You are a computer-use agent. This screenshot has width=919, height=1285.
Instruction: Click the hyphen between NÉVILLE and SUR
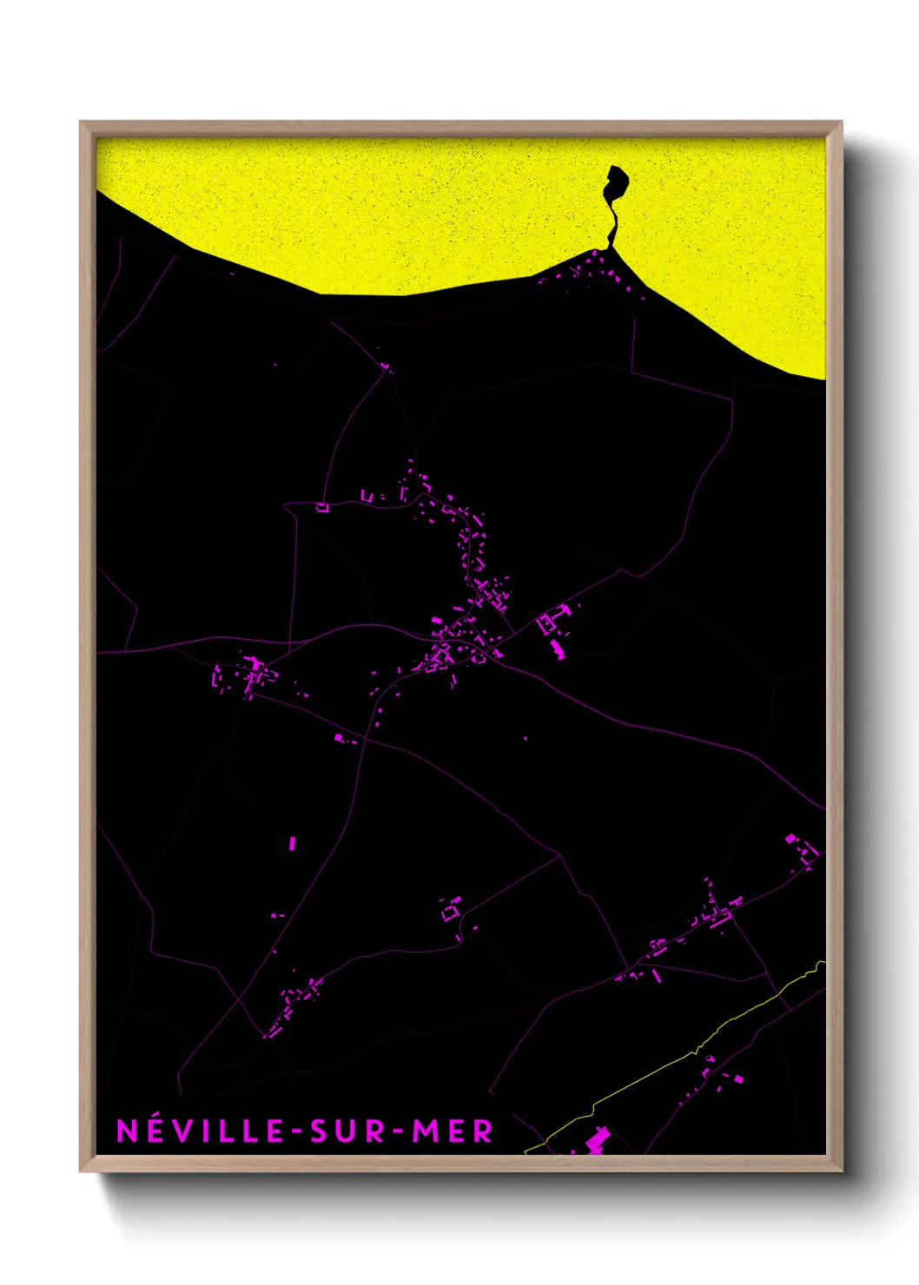298,1131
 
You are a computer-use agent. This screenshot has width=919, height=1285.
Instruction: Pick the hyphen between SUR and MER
396,1131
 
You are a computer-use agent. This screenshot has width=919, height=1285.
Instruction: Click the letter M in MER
423,1130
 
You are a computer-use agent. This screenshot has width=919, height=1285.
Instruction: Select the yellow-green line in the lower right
695,1052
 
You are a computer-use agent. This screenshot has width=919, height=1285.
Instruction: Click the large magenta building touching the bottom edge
598,1141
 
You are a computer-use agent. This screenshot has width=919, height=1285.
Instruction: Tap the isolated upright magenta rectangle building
292,842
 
